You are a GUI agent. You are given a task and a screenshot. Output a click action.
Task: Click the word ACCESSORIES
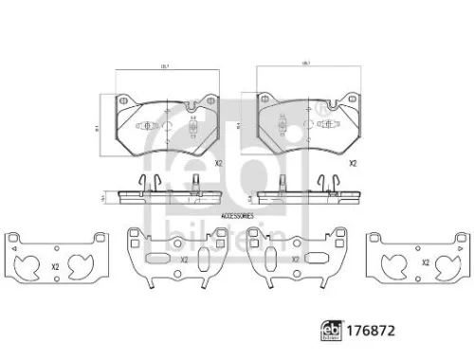click(x=237, y=217)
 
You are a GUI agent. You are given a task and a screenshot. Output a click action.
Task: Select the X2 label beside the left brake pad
click(x=216, y=163)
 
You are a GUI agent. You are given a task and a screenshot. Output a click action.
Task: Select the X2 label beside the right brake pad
click(x=352, y=163)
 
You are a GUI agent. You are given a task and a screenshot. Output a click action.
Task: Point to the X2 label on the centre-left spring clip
click(x=184, y=261)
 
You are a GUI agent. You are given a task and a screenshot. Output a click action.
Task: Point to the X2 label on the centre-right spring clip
click(x=295, y=261)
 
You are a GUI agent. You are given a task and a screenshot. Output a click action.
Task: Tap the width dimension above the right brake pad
click(x=306, y=64)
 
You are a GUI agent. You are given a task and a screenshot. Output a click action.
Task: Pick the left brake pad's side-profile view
click(x=165, y=195)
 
